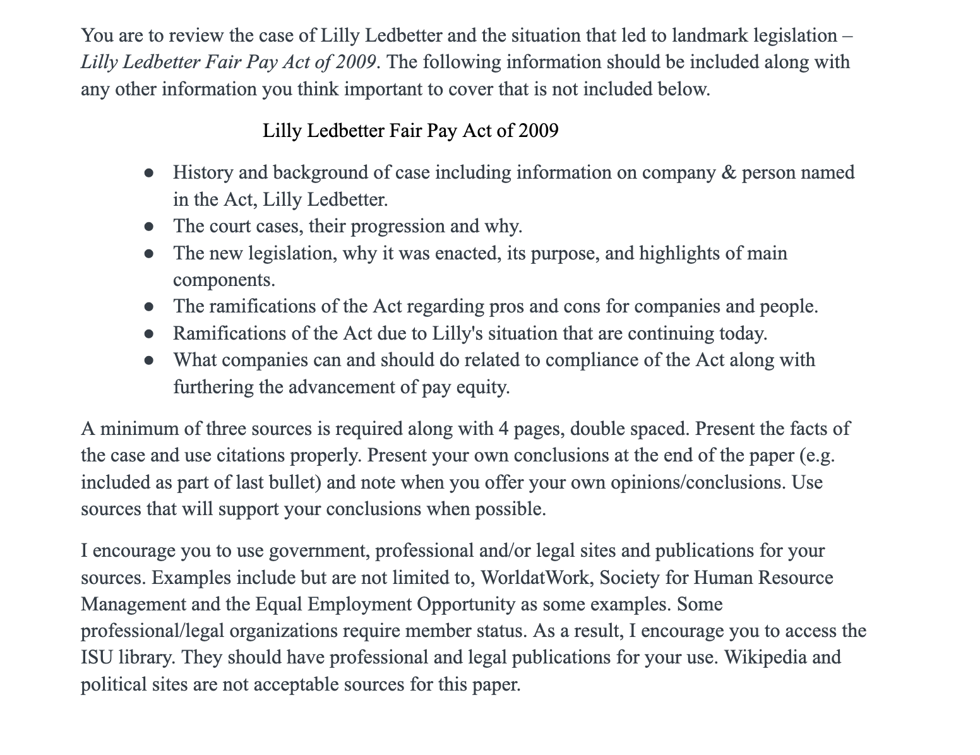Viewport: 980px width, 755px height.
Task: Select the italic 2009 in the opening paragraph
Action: pyautogui.click(x=356, y=62)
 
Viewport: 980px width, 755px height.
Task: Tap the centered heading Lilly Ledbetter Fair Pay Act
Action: pyautogui.click(x=410, y=131)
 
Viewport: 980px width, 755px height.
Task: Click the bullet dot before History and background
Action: pyautogui.click(x=149, y=172)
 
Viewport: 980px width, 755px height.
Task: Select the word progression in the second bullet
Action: pyautogui.click(x=394, y=226)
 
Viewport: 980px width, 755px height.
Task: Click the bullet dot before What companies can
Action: pyautogui.click(x=149, y=360)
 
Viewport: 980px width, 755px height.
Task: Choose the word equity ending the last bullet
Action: pyautogui.click(x=484, y=386)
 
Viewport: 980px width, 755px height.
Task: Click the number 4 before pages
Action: pyautogui.click(x=503, y=429)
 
